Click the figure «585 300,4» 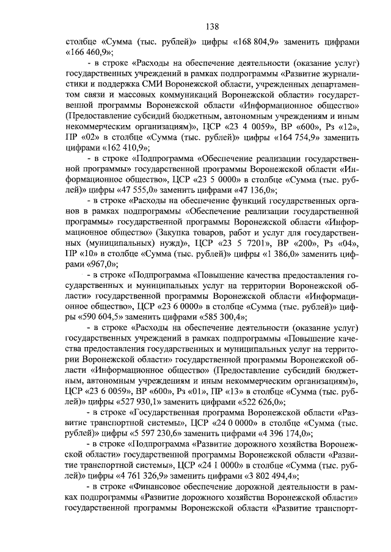pos(224,317)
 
